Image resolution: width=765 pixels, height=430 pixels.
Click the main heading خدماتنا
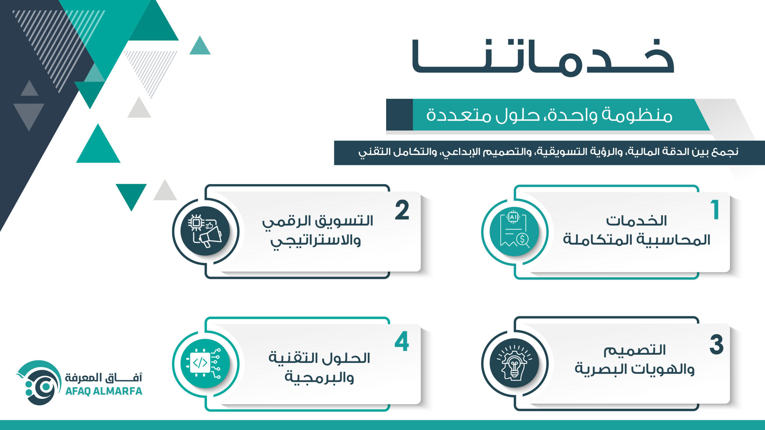[x=543, y=58]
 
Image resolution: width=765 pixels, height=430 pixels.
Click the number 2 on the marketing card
[x=402, y=210]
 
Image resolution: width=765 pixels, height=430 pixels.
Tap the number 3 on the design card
[x=717, y=345]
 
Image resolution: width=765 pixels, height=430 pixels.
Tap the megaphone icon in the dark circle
[x=205, y=231]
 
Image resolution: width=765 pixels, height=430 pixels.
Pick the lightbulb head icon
[x=514, y=363]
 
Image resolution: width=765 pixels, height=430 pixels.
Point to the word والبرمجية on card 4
[x=319, y=377]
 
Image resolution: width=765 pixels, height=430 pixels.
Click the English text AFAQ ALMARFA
[x=104, y=391]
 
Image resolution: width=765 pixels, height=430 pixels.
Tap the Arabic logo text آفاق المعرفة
[x=104, y=377]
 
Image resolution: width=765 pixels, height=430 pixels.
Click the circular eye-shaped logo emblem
[x=39, y=383]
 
